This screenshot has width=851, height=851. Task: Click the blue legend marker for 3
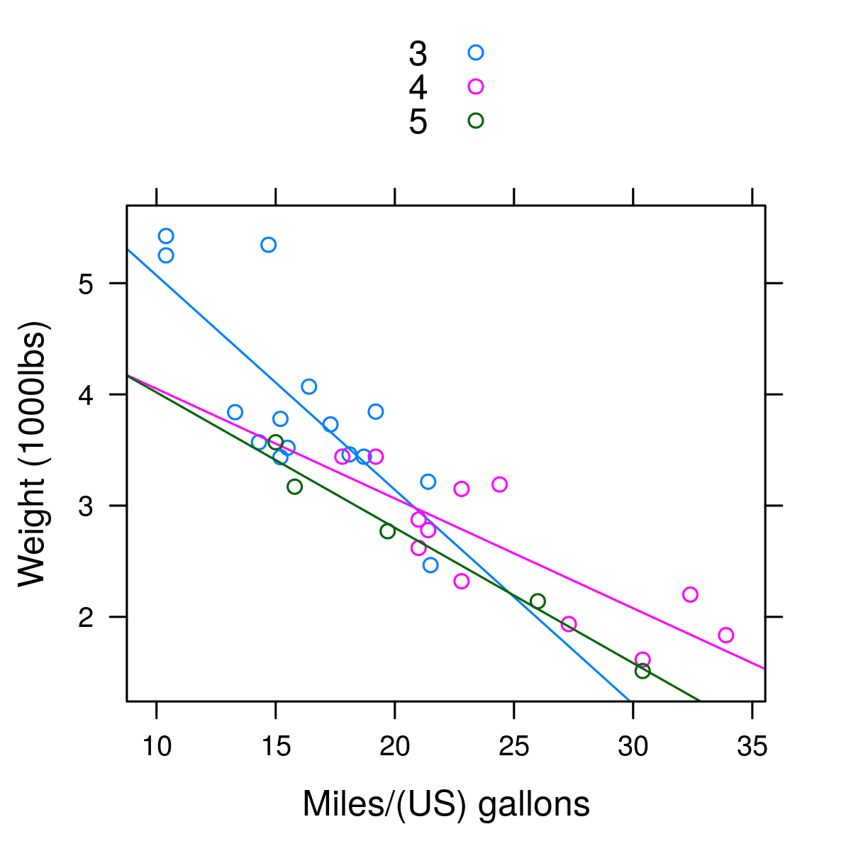coord(476,52)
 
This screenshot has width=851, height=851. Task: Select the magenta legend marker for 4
coord(476,87)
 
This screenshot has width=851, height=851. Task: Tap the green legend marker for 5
coord(476,121)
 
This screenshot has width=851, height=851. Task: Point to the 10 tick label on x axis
coord(156,747)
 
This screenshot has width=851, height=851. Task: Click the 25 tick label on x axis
coord(513,747)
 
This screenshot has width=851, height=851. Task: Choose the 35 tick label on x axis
coord(752,747)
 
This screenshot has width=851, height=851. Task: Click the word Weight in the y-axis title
coord(33,539)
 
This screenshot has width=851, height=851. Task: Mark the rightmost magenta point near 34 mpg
coord(725,635)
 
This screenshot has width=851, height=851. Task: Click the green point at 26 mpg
coord(538,601)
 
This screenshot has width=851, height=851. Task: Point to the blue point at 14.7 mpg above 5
coord(268,245)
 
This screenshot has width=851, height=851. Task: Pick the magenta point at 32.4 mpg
coord(690,594)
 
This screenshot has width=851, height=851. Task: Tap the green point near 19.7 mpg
coord(387,531)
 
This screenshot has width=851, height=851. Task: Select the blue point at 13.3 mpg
coord(235,412)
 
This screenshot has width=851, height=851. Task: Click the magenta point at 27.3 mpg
coord(569,624)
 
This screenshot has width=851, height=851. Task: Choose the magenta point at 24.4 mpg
coord(499,484)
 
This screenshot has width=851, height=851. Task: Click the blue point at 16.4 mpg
coord(308,386)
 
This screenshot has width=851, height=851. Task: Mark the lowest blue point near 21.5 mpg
coord(430,565)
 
